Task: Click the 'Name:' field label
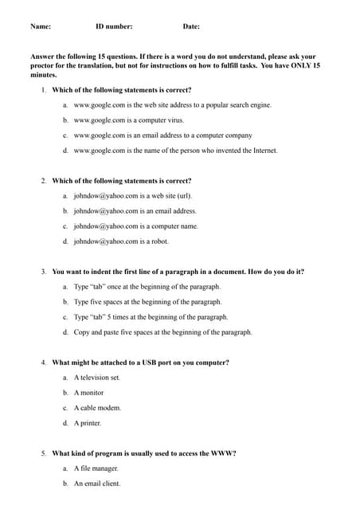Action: click(41, 27)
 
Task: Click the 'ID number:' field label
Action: click(114, 27)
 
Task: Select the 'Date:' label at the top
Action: click(191, 27)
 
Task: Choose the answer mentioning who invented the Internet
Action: click(175, 151)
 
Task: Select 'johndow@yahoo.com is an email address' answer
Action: click(135, 211)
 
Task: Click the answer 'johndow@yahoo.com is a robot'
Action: click(121, 241)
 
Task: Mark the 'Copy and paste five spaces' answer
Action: click(162, 332)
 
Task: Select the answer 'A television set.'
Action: click(96, 378)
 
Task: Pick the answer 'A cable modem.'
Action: click(97, 408)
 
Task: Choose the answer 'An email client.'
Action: click(97, 484)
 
